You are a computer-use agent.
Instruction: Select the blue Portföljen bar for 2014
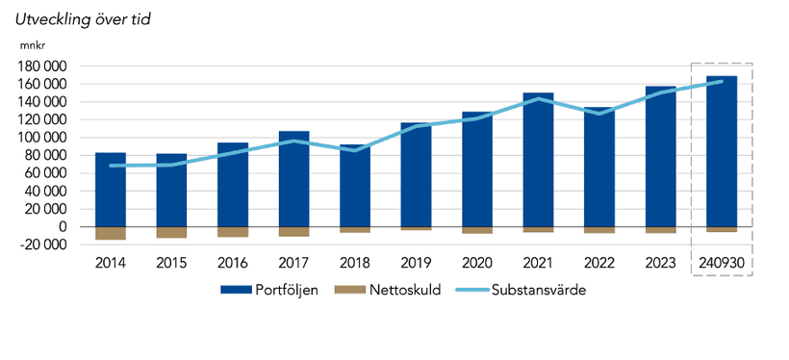point(110,189)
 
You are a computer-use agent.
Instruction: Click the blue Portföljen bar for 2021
point(538,159)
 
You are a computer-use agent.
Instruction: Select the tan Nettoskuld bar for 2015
point(171,232)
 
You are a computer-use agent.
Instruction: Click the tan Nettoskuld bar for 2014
point(110,233)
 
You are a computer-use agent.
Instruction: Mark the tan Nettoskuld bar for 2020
point(477,230)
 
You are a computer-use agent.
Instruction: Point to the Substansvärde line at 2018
point(355,150)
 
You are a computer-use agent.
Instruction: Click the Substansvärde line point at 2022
point(599,114)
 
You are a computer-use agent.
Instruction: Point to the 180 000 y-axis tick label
point(42,66)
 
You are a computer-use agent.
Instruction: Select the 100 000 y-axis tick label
point(42,138)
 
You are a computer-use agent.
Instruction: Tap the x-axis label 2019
point(416,261)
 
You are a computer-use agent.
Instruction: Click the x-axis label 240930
point(722,261)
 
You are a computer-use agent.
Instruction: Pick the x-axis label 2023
point(660,261)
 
